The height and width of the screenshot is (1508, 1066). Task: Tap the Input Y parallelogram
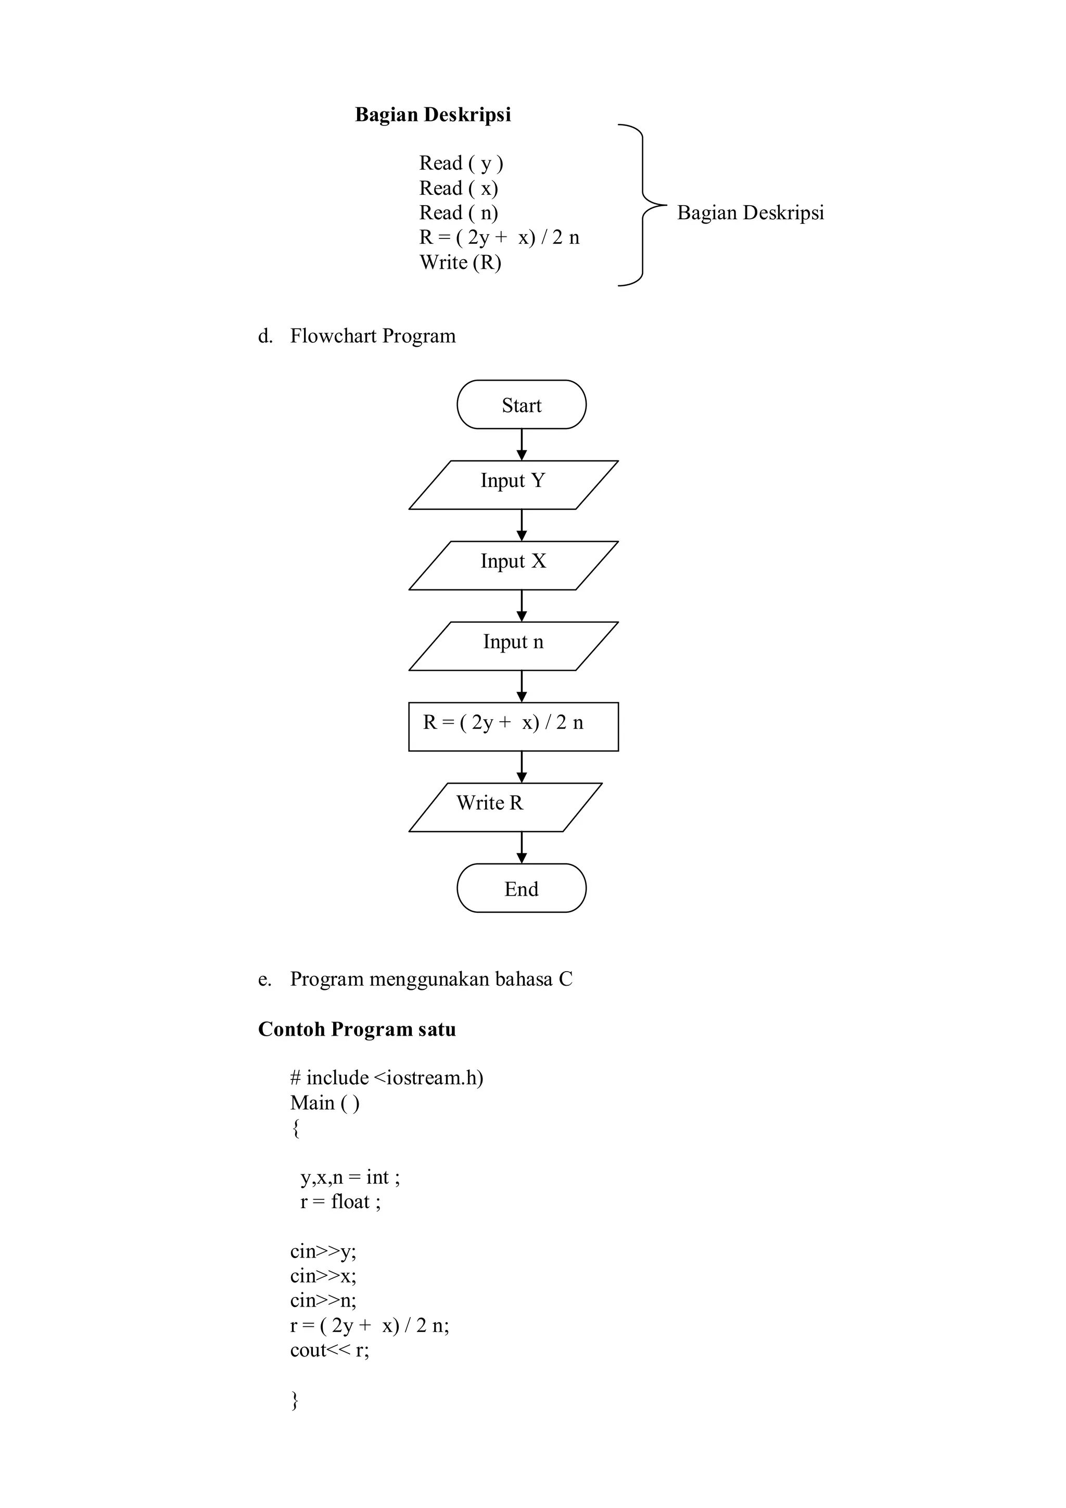click(x=513, y=485)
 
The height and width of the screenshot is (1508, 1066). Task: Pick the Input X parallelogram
click(x=513, y=565)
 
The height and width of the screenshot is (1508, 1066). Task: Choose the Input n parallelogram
click(x=513, y=646)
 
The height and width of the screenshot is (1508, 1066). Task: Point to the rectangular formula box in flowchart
click(x=513, y=726)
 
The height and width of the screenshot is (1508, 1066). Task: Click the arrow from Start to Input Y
click(x=522, y=445)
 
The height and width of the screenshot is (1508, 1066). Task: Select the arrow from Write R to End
click(x=522, y=847)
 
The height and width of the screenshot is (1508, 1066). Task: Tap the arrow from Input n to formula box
click(x=522, y=686)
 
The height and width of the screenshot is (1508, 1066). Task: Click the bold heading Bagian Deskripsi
click(x=433, y=115)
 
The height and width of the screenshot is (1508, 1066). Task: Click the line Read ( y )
click(x=461, y=163)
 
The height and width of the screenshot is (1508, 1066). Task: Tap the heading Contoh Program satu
click(x=357, y=1028)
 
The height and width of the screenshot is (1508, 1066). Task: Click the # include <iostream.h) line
click(x=387, y=1078)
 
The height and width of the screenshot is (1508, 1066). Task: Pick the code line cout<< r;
click(x=329, y=1350)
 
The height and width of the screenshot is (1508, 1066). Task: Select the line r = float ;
click(x=340, y=1201)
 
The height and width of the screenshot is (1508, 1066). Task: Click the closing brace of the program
click(x=295, y=1400)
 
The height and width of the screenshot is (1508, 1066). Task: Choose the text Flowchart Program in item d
click(x=372, y=336)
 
